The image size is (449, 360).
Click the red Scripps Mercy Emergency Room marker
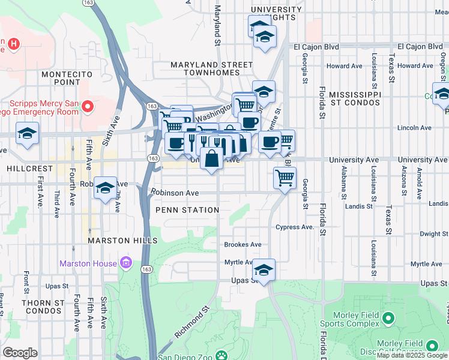[x=87, y=107]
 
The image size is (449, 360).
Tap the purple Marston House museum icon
[x=125, y=262]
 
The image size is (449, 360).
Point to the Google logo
[x=20, y=353]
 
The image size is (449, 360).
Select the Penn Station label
[x=187, y=210]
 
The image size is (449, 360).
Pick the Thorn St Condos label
[x=43, y=307]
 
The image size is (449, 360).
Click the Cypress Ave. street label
[x=295, y=227]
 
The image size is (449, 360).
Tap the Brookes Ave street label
[x=243, y=245]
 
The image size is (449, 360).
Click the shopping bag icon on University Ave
[x=212, y=160]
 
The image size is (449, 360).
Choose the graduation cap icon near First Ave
[x=27, y=133]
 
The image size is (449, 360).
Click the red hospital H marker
[x=14, y=44]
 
